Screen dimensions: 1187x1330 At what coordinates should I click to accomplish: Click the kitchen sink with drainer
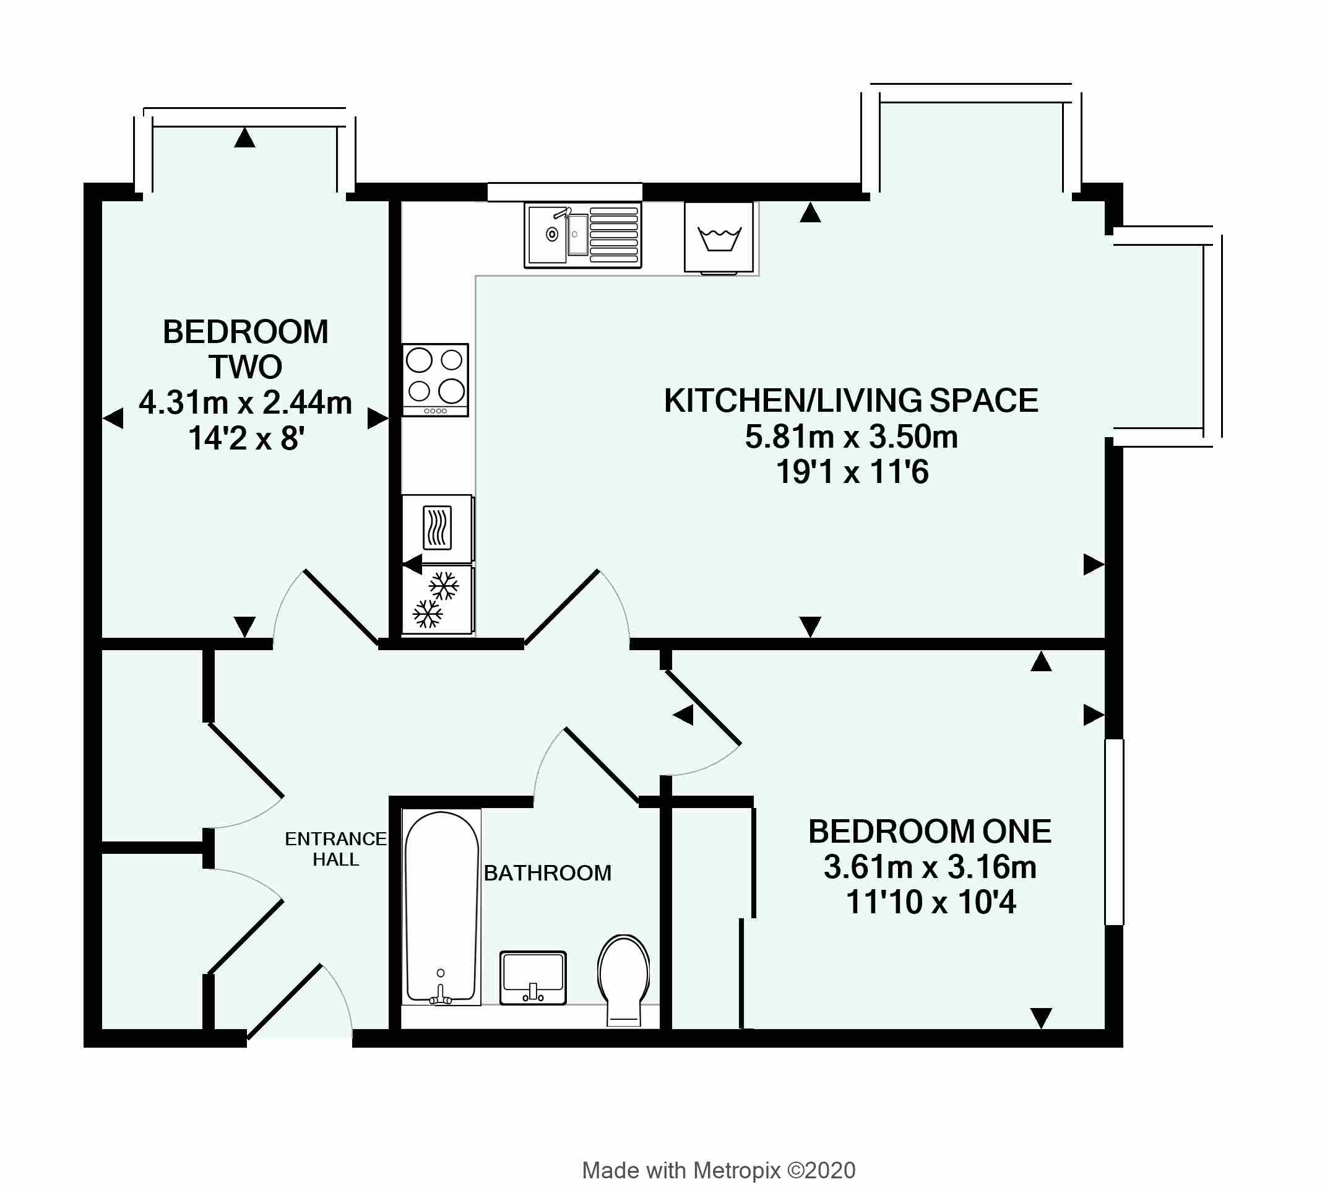click(x=582, y=235)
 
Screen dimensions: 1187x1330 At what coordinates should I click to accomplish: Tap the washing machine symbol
click(x=719, y=237)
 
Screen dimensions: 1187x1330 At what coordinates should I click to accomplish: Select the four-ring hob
click(x=435, y=380)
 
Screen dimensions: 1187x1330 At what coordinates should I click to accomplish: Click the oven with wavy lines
click(x=437, y=528)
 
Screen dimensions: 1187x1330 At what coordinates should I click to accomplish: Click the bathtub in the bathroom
click(x=441, y=907)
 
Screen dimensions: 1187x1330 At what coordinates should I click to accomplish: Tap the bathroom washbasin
click(x=533, y=977)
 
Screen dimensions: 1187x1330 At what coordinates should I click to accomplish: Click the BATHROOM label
click(x=547, y=873)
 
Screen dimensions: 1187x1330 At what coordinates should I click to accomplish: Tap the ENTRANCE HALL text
click(x=335, y=848)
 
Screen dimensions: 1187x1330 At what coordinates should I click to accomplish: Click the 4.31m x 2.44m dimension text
click(x=245, y=403)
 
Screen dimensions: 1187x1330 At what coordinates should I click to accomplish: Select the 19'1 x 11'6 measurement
click(x=852, y=472)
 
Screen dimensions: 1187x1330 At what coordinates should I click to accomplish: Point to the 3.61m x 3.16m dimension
click(x=930, y=867)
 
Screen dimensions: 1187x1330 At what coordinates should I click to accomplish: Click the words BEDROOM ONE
click(x=930, y=832)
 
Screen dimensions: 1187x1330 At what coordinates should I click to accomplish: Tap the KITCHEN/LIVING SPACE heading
click(x=851, y=401)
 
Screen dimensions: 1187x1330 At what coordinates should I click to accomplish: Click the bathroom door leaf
click(x=601, y=764)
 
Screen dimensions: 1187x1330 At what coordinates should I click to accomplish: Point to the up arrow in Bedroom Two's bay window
click(x=244, y=137)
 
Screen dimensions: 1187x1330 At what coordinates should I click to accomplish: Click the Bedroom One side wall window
click(x=1114, y=832)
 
